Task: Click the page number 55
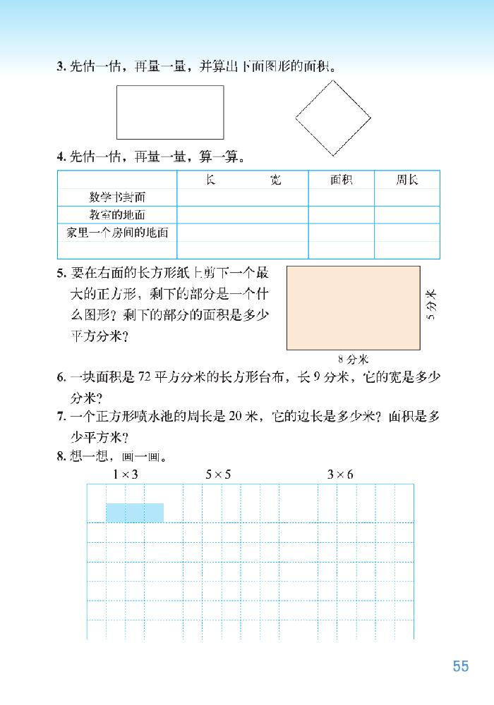point(460,666)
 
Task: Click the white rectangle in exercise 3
point(170,112)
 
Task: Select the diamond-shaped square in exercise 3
point(333,116)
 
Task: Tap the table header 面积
point(341,180)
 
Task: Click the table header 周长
point(406,180)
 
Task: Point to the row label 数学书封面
point(117,197)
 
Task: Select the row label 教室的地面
point(117,214)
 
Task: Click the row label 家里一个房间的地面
point(117,232)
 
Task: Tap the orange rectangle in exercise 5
point(353,307)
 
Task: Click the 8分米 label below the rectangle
point(354,358)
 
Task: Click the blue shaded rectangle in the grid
point(135,513)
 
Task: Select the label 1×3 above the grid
point(125,475)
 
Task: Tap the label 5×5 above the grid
point(218,475)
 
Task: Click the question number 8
point(61,455)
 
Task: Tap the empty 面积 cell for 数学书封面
point(341,197)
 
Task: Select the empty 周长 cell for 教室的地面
point(406,214)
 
